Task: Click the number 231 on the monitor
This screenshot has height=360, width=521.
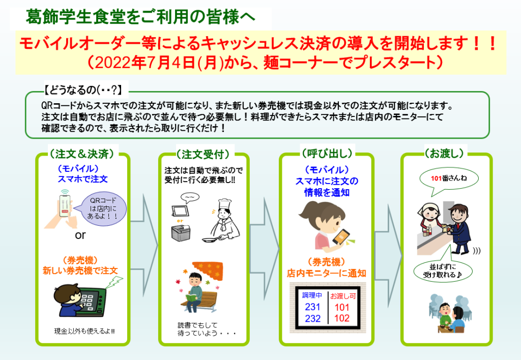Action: pos(312,307)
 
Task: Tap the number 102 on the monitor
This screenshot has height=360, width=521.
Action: pos(341,318)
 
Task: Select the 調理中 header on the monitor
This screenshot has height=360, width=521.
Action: pos(312,295)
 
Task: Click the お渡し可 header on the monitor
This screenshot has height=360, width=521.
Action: pos(343,296)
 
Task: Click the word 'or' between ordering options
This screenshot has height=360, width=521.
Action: pos(80,235)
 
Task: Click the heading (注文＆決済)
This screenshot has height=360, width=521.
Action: pos(82,154)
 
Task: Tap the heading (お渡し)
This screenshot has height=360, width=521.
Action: pos(444,153)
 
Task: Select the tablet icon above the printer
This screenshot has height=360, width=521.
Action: pos(180,211)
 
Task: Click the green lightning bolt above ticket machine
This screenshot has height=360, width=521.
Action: pos(114,283)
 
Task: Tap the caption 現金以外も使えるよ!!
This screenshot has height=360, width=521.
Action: pos(84,331)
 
